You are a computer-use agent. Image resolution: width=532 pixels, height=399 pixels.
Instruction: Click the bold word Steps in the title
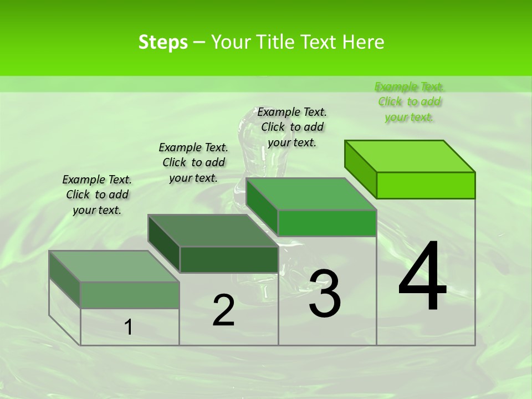pos(163,42)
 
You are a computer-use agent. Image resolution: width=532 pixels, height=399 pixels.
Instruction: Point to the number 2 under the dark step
pos(223,310)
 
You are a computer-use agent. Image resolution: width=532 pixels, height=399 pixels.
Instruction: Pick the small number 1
pos(128,328)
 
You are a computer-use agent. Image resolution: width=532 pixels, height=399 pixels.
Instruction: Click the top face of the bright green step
pos(410,156)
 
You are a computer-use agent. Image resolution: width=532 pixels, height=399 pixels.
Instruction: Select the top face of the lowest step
pos(114,266)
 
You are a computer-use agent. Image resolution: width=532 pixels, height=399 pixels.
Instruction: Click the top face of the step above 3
pos(311,194)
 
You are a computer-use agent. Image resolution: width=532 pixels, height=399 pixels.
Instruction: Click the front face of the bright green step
pos(426,185)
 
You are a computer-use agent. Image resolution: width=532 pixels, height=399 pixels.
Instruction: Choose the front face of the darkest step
pos(229,259)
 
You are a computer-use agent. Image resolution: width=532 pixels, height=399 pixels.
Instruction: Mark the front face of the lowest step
pos(130,295)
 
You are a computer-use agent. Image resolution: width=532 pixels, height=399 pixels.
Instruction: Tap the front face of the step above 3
pos(327,223)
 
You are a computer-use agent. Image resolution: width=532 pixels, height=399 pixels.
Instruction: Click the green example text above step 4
pos(409,101)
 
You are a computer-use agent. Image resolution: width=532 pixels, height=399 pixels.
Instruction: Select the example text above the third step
pos(292,127)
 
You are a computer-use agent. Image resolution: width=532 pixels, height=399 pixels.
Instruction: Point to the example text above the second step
pos(193,162)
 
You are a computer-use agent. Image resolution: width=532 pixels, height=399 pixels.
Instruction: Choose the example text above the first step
pos(97,195)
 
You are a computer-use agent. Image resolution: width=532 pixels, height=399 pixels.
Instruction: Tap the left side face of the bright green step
pos(360,168)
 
